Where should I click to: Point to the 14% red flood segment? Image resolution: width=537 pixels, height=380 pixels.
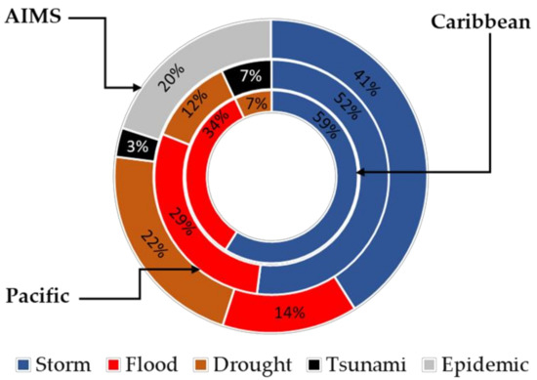tap(290, 313)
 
